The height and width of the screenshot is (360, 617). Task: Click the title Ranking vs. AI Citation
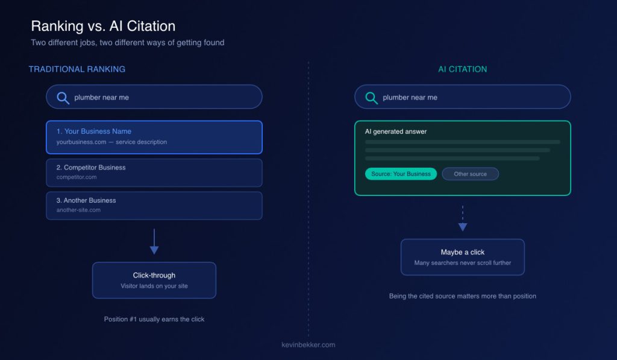pos(103,26)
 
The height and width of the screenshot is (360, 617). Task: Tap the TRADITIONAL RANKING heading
pos(77,69)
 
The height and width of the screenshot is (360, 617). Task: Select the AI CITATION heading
pos(462,69)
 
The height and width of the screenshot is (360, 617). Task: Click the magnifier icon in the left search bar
pos(63,98)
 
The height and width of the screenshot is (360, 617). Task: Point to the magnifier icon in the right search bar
pos(371,98)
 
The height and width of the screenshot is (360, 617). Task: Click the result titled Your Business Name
pos(93,131)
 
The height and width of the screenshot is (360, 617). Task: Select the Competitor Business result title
pos(91,168)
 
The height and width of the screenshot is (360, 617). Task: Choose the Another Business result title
pos(86,200)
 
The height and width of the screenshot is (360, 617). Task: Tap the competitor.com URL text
pos(77,177)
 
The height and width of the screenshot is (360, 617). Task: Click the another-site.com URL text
pos(78,210)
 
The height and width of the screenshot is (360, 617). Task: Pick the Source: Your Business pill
pos(401,174)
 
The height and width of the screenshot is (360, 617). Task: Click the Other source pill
pos(470,174)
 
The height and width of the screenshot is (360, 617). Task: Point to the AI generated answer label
pos(396,131)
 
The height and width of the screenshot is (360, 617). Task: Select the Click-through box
pos(154,280)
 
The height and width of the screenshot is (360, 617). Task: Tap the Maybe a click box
pos(463,257)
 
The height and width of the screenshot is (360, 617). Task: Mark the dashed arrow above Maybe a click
pos(463,218)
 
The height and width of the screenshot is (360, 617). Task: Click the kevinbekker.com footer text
pos(308,345)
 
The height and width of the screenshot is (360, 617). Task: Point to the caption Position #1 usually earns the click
pos(154,319)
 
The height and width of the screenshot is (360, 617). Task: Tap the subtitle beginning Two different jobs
pos(128,43)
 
